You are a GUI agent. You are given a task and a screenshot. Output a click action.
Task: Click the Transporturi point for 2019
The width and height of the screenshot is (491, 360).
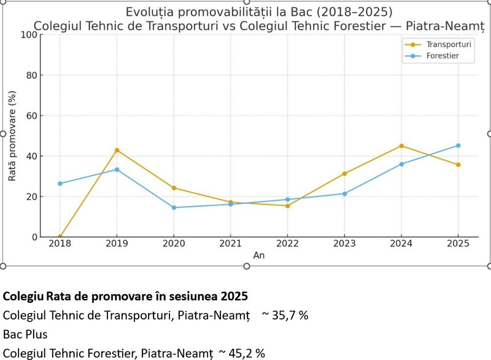tap(117, 150)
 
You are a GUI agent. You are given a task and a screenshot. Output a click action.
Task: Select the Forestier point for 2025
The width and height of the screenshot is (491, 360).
tap(457, 146)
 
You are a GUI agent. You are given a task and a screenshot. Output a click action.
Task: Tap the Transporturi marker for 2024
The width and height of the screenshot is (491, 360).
tap(401, 146)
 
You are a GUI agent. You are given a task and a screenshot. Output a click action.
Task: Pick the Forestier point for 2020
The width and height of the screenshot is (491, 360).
tap(174, 208)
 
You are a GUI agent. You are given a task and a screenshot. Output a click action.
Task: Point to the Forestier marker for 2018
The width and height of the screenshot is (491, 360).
tap(60, 184)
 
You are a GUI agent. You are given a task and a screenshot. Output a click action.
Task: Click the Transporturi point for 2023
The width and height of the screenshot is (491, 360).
tap(344, 173)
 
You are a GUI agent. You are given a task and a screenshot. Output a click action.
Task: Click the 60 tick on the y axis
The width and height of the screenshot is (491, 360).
tap(31, 115)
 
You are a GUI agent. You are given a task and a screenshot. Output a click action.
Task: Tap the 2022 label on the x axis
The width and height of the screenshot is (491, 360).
tap(287, 245)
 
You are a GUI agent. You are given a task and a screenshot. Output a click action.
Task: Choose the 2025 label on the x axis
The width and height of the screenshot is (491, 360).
tap(457, 245)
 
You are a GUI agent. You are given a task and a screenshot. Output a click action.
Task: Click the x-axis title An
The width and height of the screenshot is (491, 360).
tap(259, 256)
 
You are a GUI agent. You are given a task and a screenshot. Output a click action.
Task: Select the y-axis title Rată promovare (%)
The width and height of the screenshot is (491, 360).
tap(12, 136)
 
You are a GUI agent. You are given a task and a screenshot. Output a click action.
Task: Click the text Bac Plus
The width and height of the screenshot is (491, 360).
tap(25, 335)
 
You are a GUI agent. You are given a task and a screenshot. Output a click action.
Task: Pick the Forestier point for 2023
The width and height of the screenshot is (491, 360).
tap(344, 194)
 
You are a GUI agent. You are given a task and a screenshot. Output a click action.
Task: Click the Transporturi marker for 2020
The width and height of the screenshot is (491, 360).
tap(174, 188)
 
